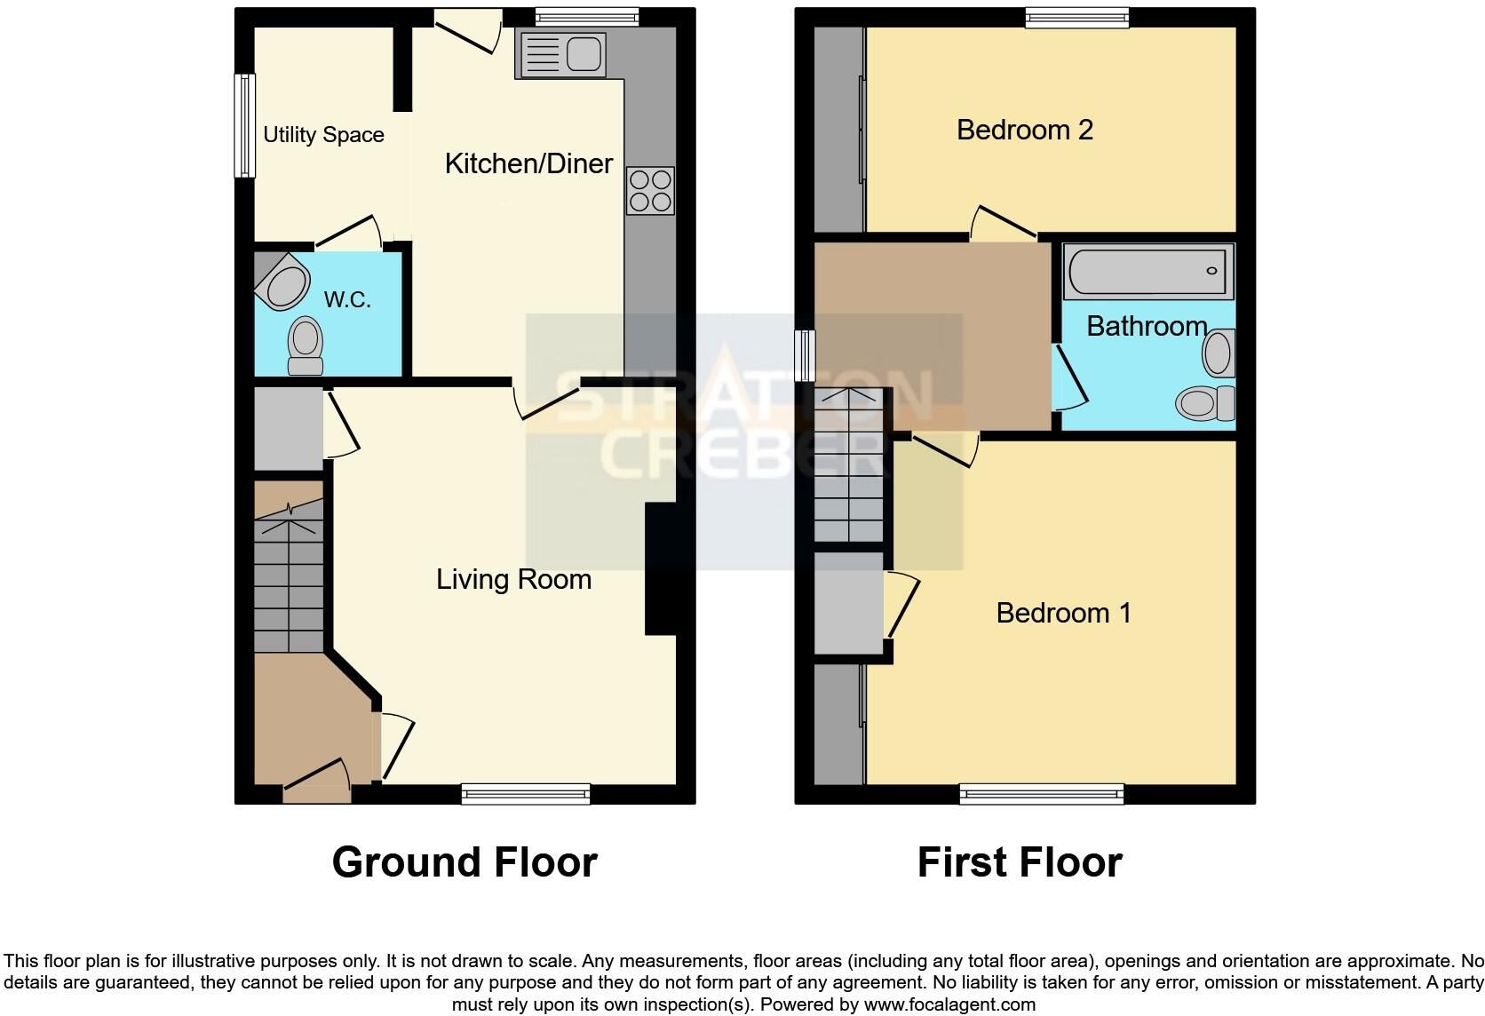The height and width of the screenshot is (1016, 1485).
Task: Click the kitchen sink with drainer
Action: tap(563, 54)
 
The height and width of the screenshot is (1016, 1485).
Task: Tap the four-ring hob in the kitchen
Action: tap(650, 191)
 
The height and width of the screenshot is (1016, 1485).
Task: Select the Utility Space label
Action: tap(323, 134)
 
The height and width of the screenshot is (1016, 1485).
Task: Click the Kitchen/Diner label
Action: tap(529, 163)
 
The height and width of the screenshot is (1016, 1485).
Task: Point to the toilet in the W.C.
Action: tap(305, 345)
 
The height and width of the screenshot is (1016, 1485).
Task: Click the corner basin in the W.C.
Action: tap(282, 281)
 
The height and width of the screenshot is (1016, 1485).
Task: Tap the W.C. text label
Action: tap(346, 299)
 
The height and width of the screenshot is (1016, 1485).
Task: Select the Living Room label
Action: tap(513, 580)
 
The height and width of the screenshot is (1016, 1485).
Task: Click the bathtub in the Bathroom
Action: tap(1148, 271)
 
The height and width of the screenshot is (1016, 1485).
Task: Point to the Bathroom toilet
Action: tap(1205, 402)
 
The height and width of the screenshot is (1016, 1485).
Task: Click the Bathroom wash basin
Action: tap(1219, 353)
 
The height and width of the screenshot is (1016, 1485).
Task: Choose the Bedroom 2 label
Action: tap(1024, 130)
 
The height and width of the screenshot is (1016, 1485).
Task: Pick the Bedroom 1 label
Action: tap(1063, 613)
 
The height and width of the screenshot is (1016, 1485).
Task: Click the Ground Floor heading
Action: tap(465, 862)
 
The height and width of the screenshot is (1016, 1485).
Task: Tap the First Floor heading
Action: tap(1020, 862)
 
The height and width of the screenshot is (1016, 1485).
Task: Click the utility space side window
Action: tap(244, 126)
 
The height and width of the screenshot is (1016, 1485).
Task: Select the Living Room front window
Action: tap(526, 794)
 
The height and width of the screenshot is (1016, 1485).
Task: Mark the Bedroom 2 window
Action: tap(1076, 18)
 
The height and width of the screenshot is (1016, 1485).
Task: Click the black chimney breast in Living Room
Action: tap(662, 569)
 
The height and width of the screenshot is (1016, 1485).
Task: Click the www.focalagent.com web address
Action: tap(949, 1004)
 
